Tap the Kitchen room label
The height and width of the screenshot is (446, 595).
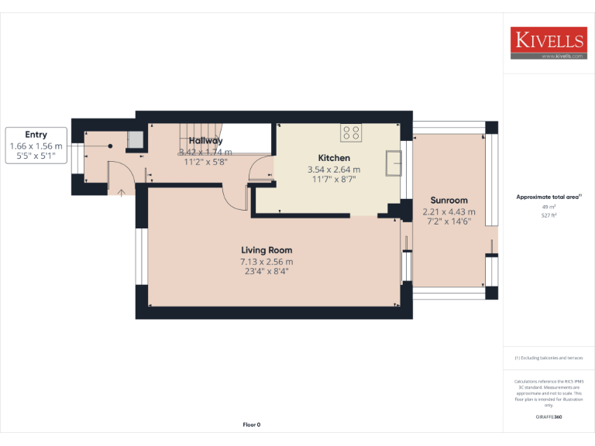334,158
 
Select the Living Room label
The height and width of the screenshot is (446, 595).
267,250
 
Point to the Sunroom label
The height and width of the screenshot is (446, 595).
449,201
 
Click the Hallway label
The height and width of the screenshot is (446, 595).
205,141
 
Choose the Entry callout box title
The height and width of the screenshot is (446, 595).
36,135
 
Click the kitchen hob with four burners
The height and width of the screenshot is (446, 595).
351,132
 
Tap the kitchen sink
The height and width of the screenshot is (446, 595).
395,164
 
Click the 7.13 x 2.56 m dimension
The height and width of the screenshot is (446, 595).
267,262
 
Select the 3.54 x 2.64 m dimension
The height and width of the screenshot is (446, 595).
334,170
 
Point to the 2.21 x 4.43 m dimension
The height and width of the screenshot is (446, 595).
449,212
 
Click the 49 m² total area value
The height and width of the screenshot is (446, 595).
549,207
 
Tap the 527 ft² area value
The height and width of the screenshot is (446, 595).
549,216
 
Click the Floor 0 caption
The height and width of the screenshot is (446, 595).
252,424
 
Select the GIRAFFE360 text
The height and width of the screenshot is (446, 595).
549,417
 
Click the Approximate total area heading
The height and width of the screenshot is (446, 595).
549,197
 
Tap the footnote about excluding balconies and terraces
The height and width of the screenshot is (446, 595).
549,358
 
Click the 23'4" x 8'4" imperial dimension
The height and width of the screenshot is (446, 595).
267,272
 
